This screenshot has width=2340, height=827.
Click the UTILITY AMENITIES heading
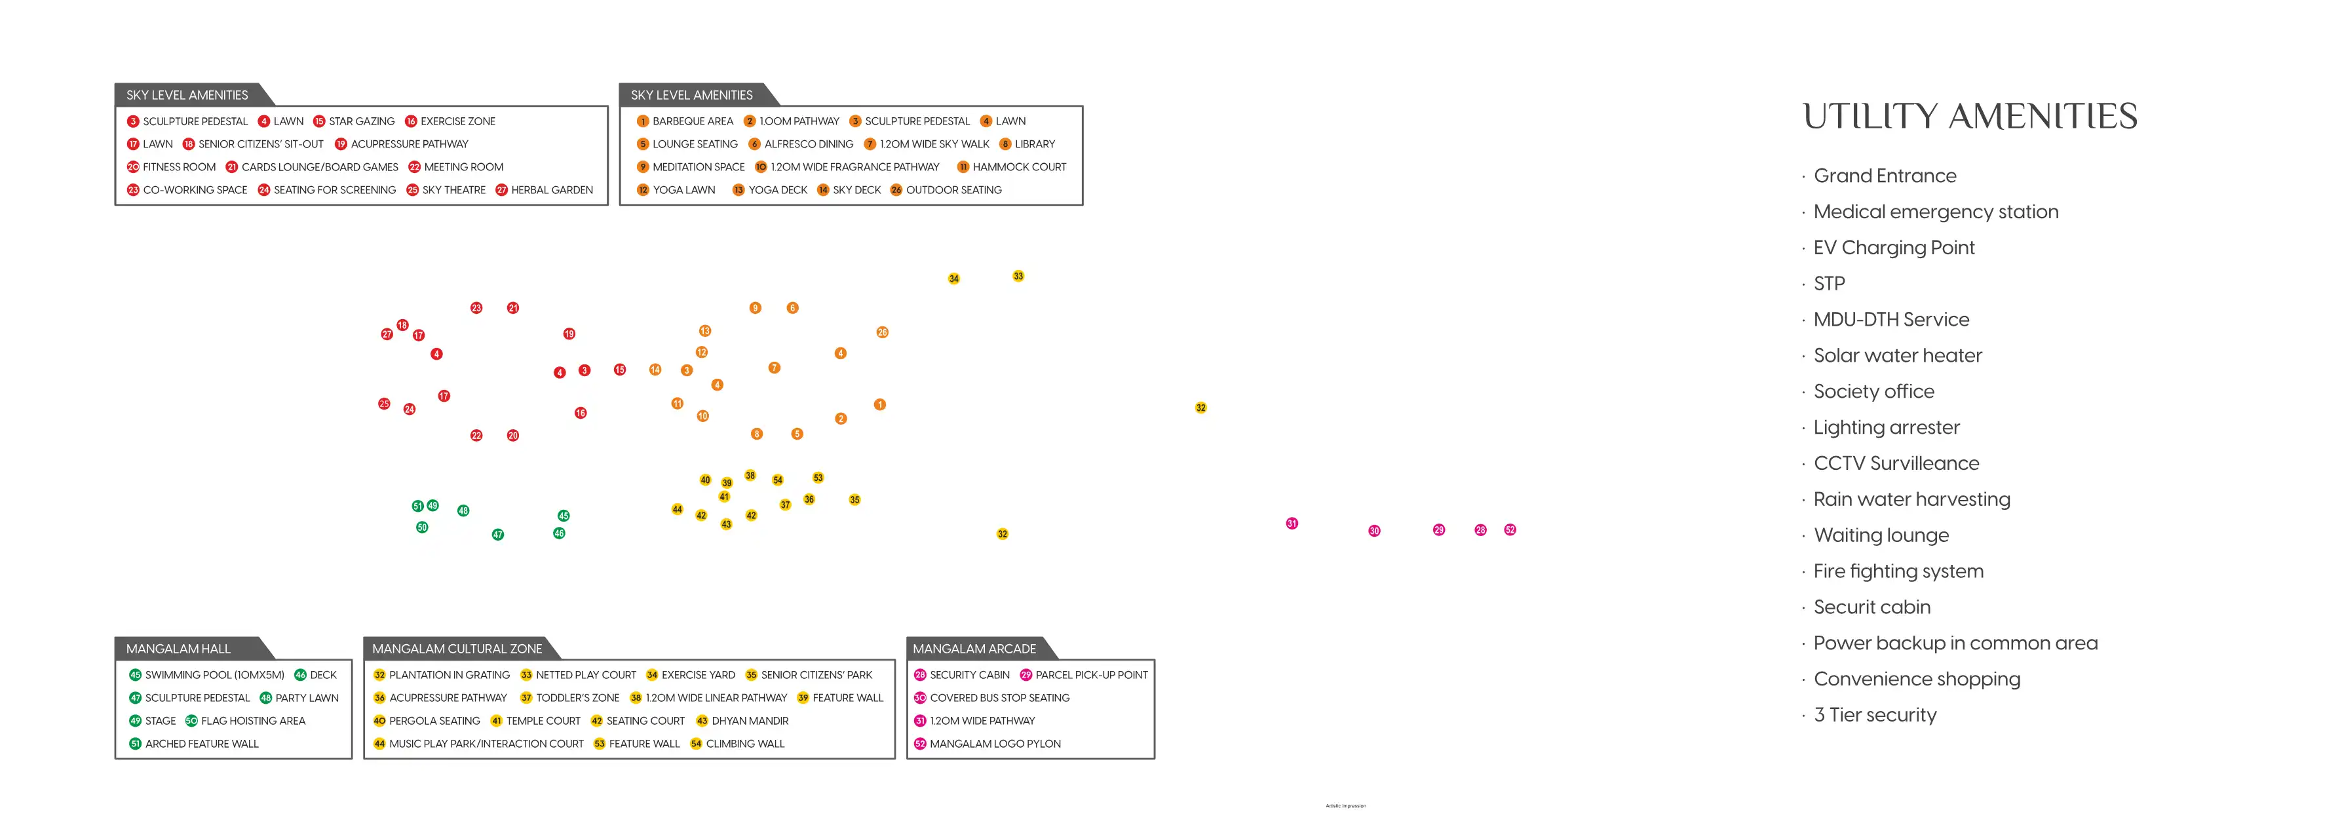point(1969,117)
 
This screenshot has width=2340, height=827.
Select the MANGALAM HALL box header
point(179,649)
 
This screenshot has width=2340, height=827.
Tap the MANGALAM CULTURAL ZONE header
point(457,649)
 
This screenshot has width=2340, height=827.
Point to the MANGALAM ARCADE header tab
point(974,649)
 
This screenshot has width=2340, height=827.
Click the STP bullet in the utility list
point(1829,284)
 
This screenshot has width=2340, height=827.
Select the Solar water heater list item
point(1897,355)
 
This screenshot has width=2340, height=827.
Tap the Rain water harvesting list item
point(1911,499)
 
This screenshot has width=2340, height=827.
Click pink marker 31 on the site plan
point(1292,524)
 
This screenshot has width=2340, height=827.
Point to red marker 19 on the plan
point(569,334)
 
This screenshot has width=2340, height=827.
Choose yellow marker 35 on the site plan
point(854,500)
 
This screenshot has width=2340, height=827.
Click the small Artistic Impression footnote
point(1345,806)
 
